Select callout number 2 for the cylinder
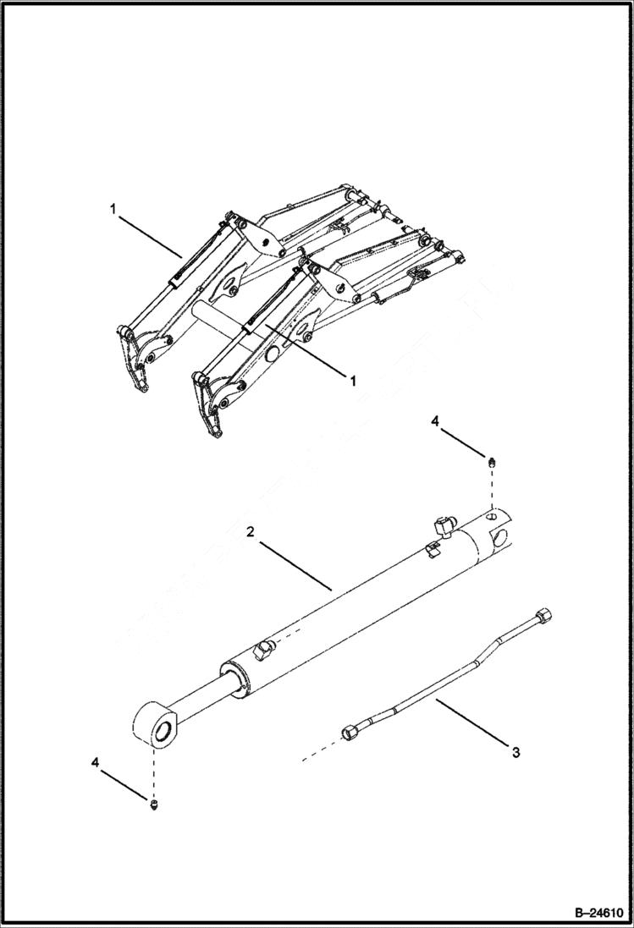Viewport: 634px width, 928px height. tap(251, 532)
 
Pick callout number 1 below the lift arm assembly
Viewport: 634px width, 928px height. tap(353, 381)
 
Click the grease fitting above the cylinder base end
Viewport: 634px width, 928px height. tap(491, 461)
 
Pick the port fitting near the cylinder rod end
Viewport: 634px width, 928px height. tap(262, 651)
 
